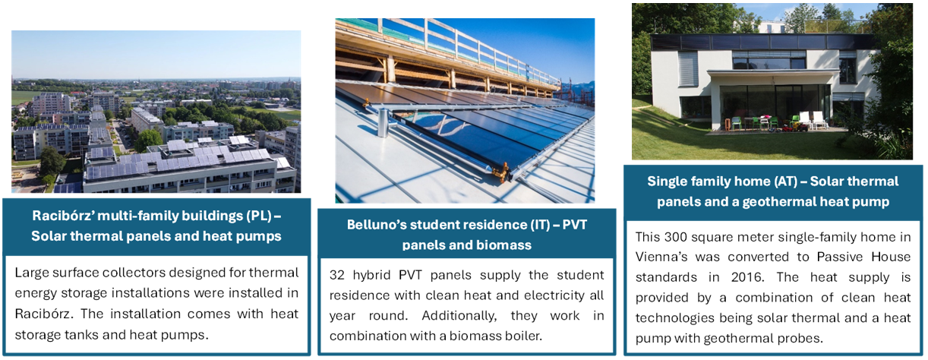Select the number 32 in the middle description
337,275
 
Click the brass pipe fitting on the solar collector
503,172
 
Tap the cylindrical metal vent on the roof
384,122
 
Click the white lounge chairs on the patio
812,120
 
